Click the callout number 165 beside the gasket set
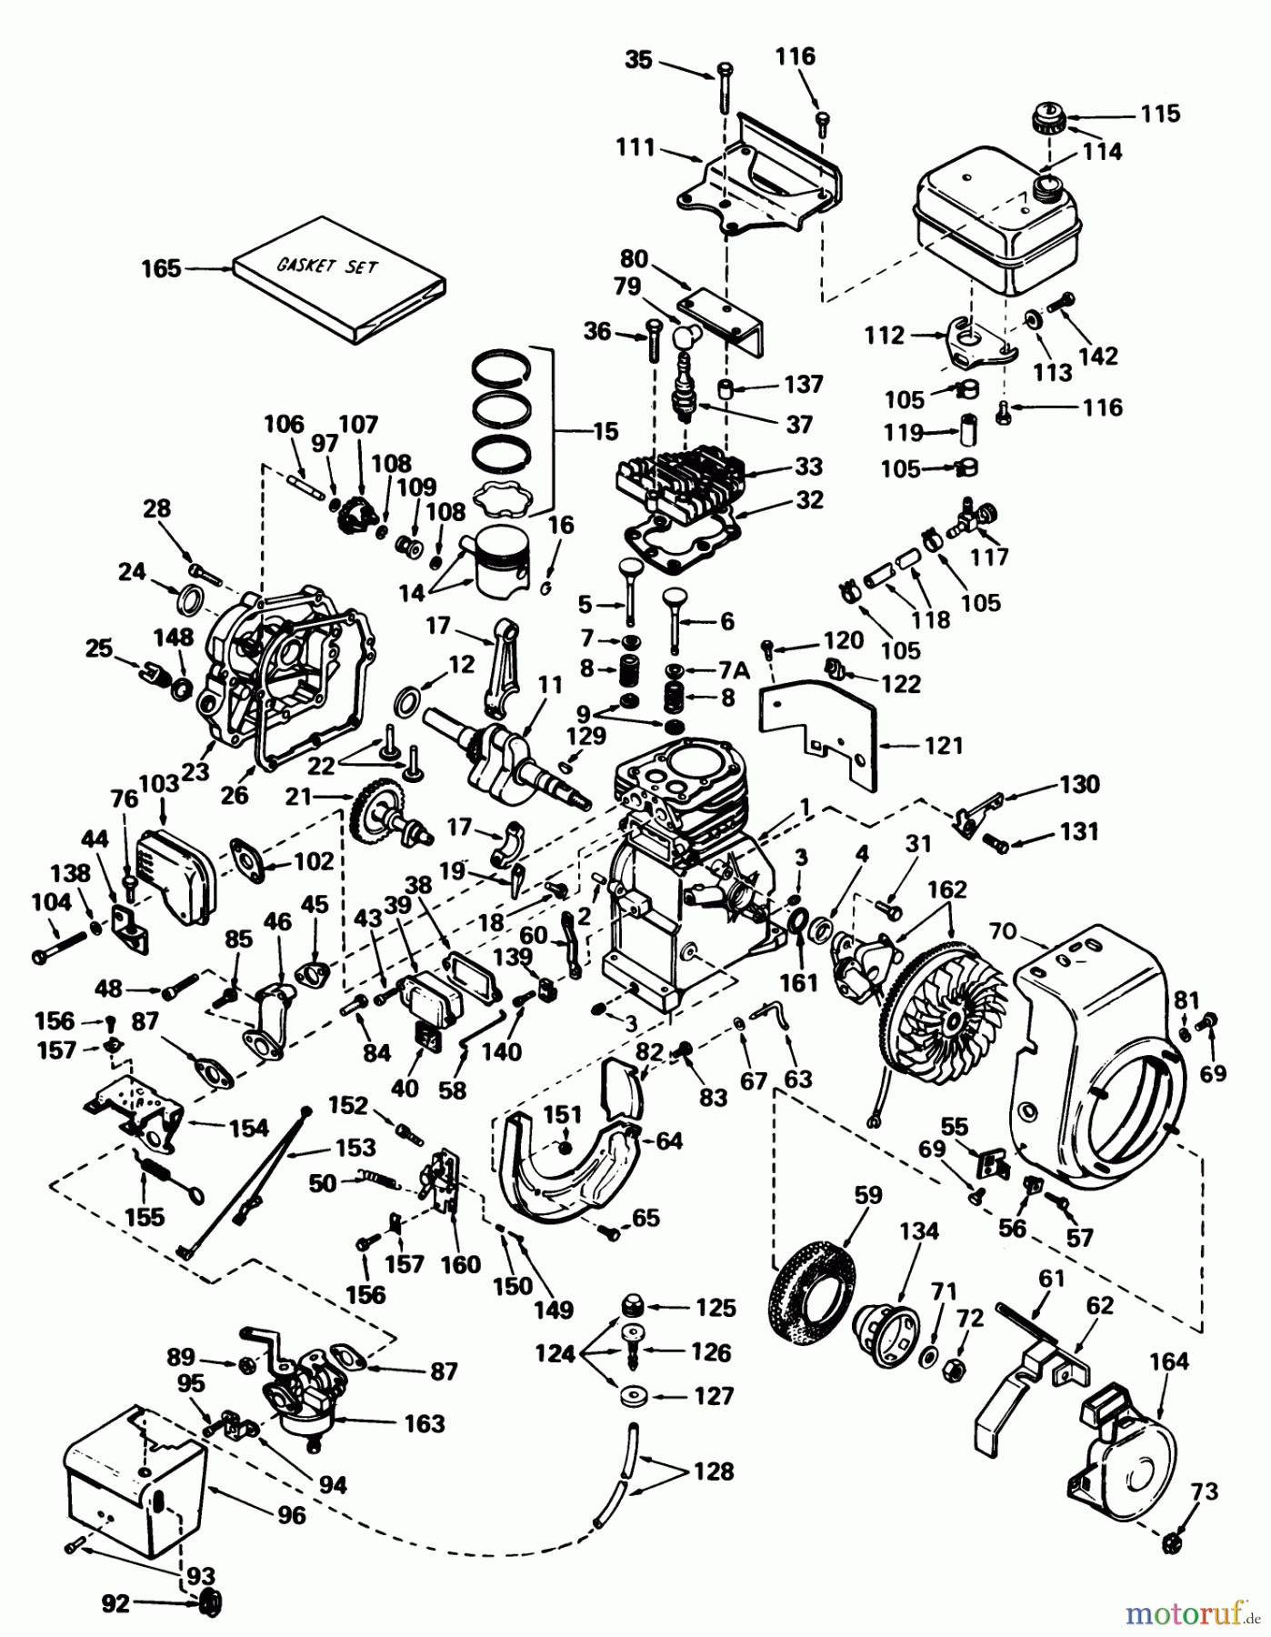[x=161, y=269]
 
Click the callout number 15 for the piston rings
[x=604, y=432]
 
